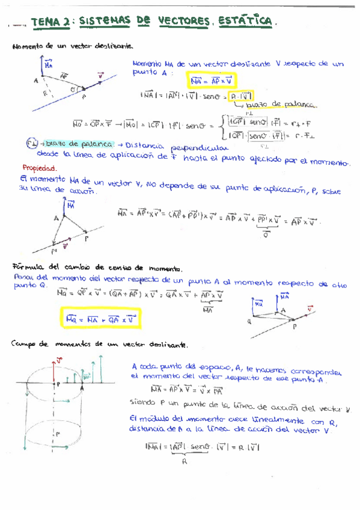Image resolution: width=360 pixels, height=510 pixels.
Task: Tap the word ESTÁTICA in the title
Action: pos(246,22)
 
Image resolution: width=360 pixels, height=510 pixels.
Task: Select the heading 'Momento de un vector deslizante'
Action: pos(72,46)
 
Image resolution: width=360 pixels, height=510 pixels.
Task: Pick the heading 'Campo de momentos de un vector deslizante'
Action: pos(100,344)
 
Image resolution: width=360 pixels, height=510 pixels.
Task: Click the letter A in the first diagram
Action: pos(37,81)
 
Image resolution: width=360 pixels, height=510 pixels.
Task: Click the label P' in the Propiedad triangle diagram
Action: pos(55,250)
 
